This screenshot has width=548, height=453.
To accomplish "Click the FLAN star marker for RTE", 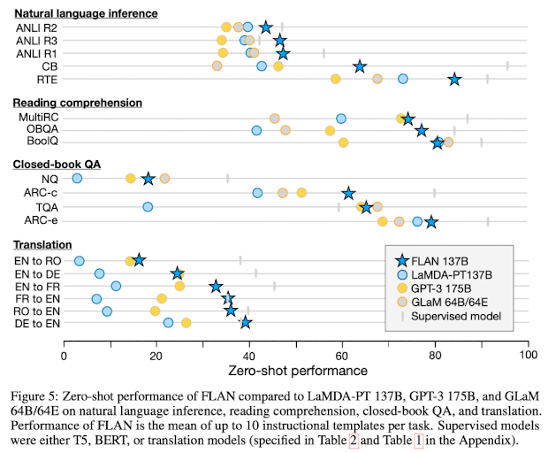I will [x=454, y=79].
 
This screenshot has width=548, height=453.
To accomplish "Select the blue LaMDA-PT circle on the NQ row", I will [x=77, y=179].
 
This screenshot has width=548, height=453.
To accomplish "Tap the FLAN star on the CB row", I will [x=360, y=66].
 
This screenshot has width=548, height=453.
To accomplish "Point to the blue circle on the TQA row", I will [x=148, y=207].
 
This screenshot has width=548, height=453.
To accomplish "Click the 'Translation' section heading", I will [x=42, y=244].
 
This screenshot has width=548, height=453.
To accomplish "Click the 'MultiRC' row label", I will [x=39, y=117].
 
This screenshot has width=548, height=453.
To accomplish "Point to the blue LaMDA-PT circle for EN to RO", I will [x=80, y=261].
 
